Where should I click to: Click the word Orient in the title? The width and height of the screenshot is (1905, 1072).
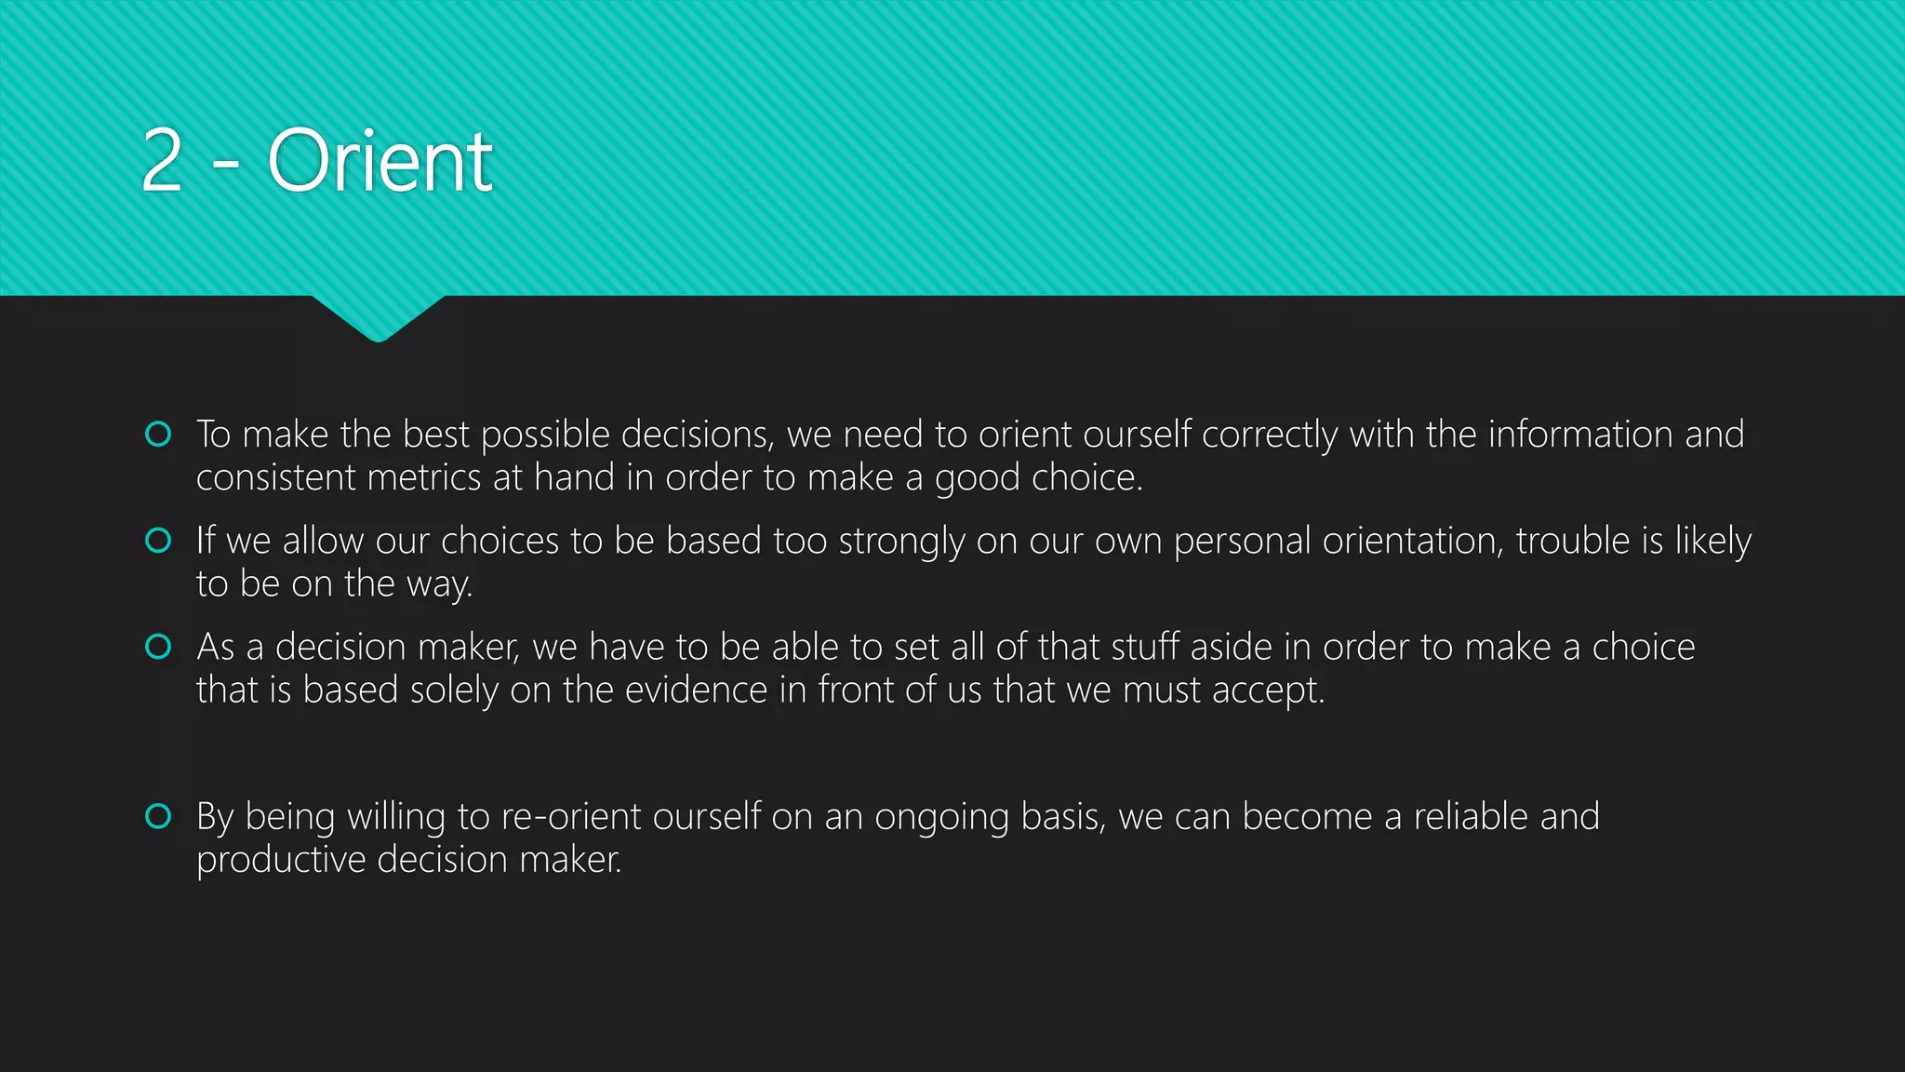click(380, 162)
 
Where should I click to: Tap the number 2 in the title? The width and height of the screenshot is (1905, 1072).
click(162, 162)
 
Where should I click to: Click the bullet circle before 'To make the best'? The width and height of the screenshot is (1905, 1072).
click(159, 435)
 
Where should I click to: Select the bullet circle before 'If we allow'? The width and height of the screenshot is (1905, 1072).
click(159, 541)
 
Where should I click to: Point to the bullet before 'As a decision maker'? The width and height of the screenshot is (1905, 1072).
click(159, 647)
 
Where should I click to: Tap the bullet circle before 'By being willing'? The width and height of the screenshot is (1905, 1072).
click(159, 816)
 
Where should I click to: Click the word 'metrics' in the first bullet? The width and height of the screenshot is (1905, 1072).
click(424, 478)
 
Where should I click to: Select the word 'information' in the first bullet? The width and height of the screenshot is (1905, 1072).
click(1580, 435)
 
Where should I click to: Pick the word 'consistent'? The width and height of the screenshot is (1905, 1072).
click(276, 478)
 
